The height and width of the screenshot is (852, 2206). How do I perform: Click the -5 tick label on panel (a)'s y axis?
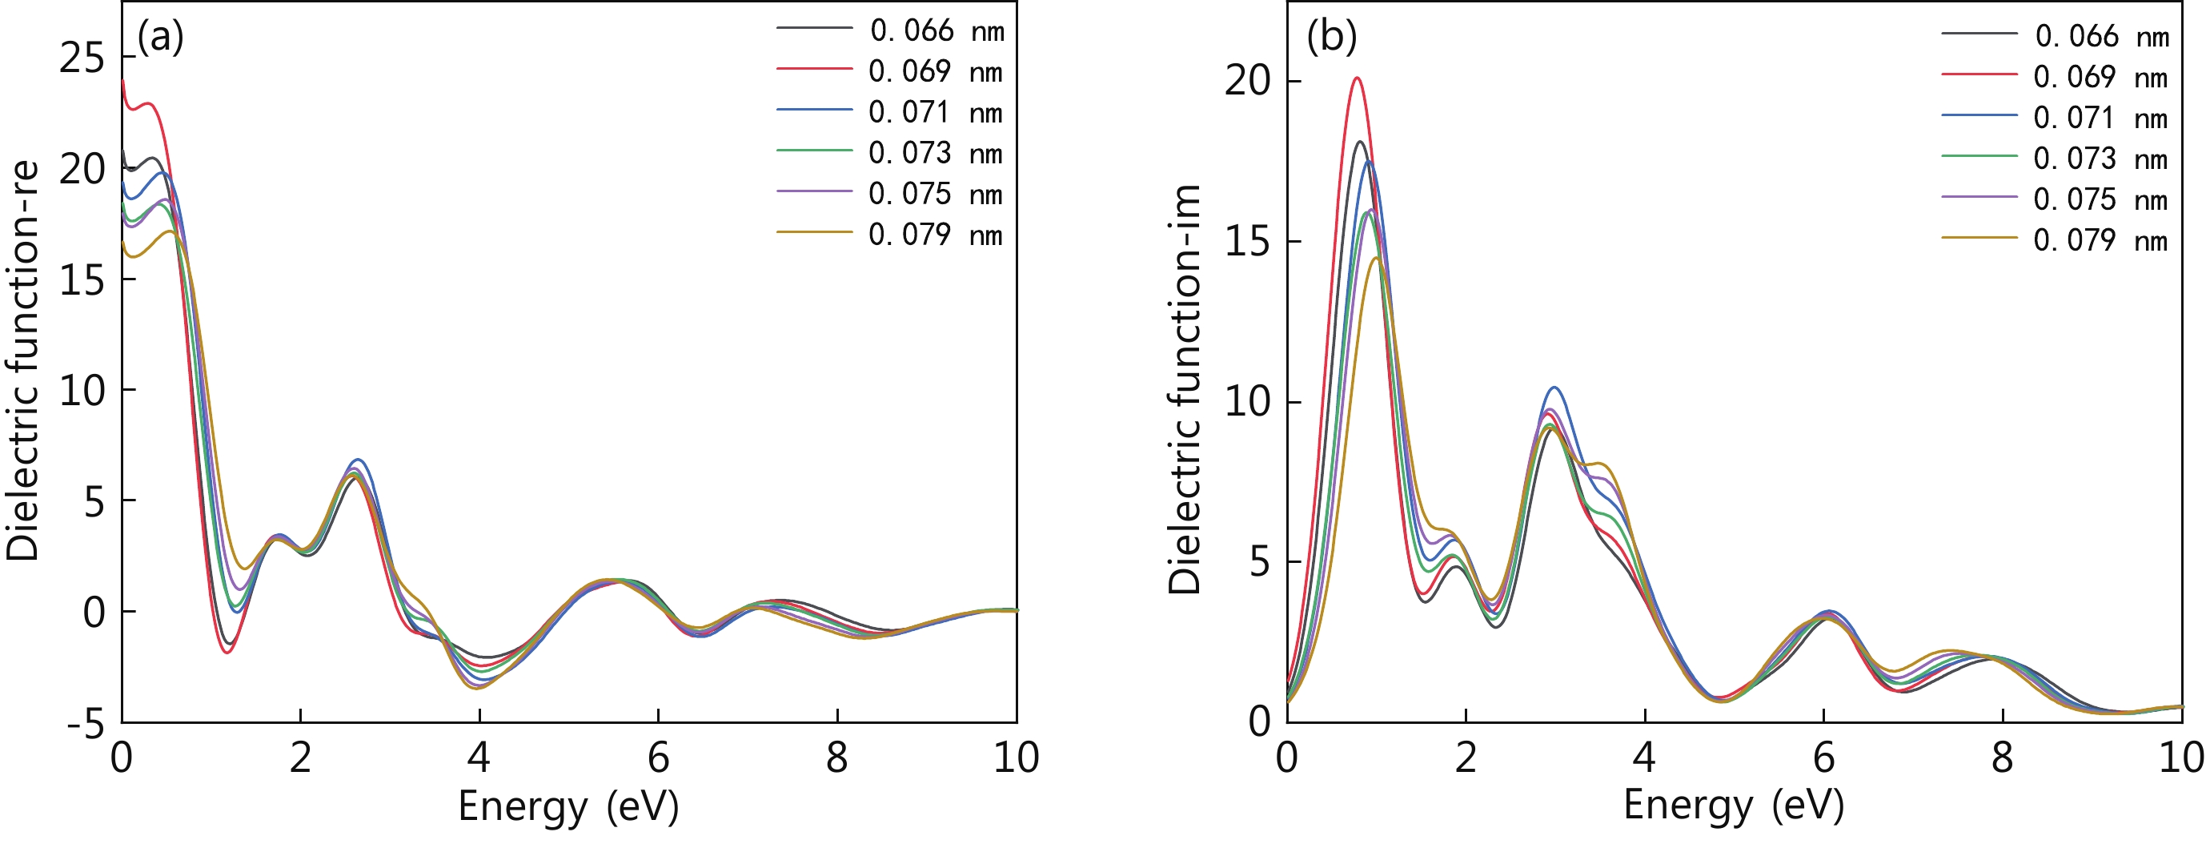point(86,725)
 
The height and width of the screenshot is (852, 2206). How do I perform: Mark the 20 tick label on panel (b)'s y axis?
point(1247,82)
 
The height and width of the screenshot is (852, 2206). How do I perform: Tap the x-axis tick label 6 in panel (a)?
point(658,758)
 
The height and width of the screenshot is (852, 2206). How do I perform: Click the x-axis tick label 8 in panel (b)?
point(2002,758)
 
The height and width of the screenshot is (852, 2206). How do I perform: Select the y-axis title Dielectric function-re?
point(23,360)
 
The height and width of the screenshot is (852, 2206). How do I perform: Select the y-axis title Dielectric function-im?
point(1186,390)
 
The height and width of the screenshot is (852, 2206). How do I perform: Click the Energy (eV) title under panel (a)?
point(568,806)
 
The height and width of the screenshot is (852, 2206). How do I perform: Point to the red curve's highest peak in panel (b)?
point(1357,78)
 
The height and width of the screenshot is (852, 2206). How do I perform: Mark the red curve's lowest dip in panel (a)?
point(227,653)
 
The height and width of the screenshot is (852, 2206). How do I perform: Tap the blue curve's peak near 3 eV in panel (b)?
point(1554,388)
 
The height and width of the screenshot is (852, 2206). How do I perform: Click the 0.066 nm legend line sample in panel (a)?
point(813,28)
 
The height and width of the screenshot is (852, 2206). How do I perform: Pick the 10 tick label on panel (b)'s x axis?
point(2180,758)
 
